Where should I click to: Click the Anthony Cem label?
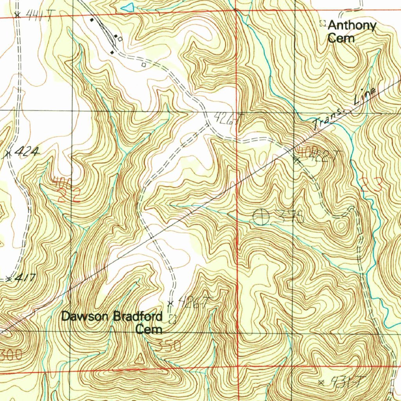pyautogui.click(x=351, y=32)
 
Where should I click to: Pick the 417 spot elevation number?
pyautogui.click(x=26, y=278)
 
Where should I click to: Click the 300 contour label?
pyautogui.click(x=12, y=356)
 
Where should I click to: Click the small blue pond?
pyautogui.click(x=127, y=7)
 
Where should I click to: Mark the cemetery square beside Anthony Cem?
pyautogui.click(x=323, y=23)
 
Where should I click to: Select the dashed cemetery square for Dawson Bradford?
pyautogui.click(x=172, y=319)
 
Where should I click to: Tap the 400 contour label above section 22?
pyautogui.click(x=63, y=182)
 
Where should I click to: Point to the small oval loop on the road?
pyautogui.click(x=188, y=139)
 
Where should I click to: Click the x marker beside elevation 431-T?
pyautogui.click(x=322, y=382)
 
